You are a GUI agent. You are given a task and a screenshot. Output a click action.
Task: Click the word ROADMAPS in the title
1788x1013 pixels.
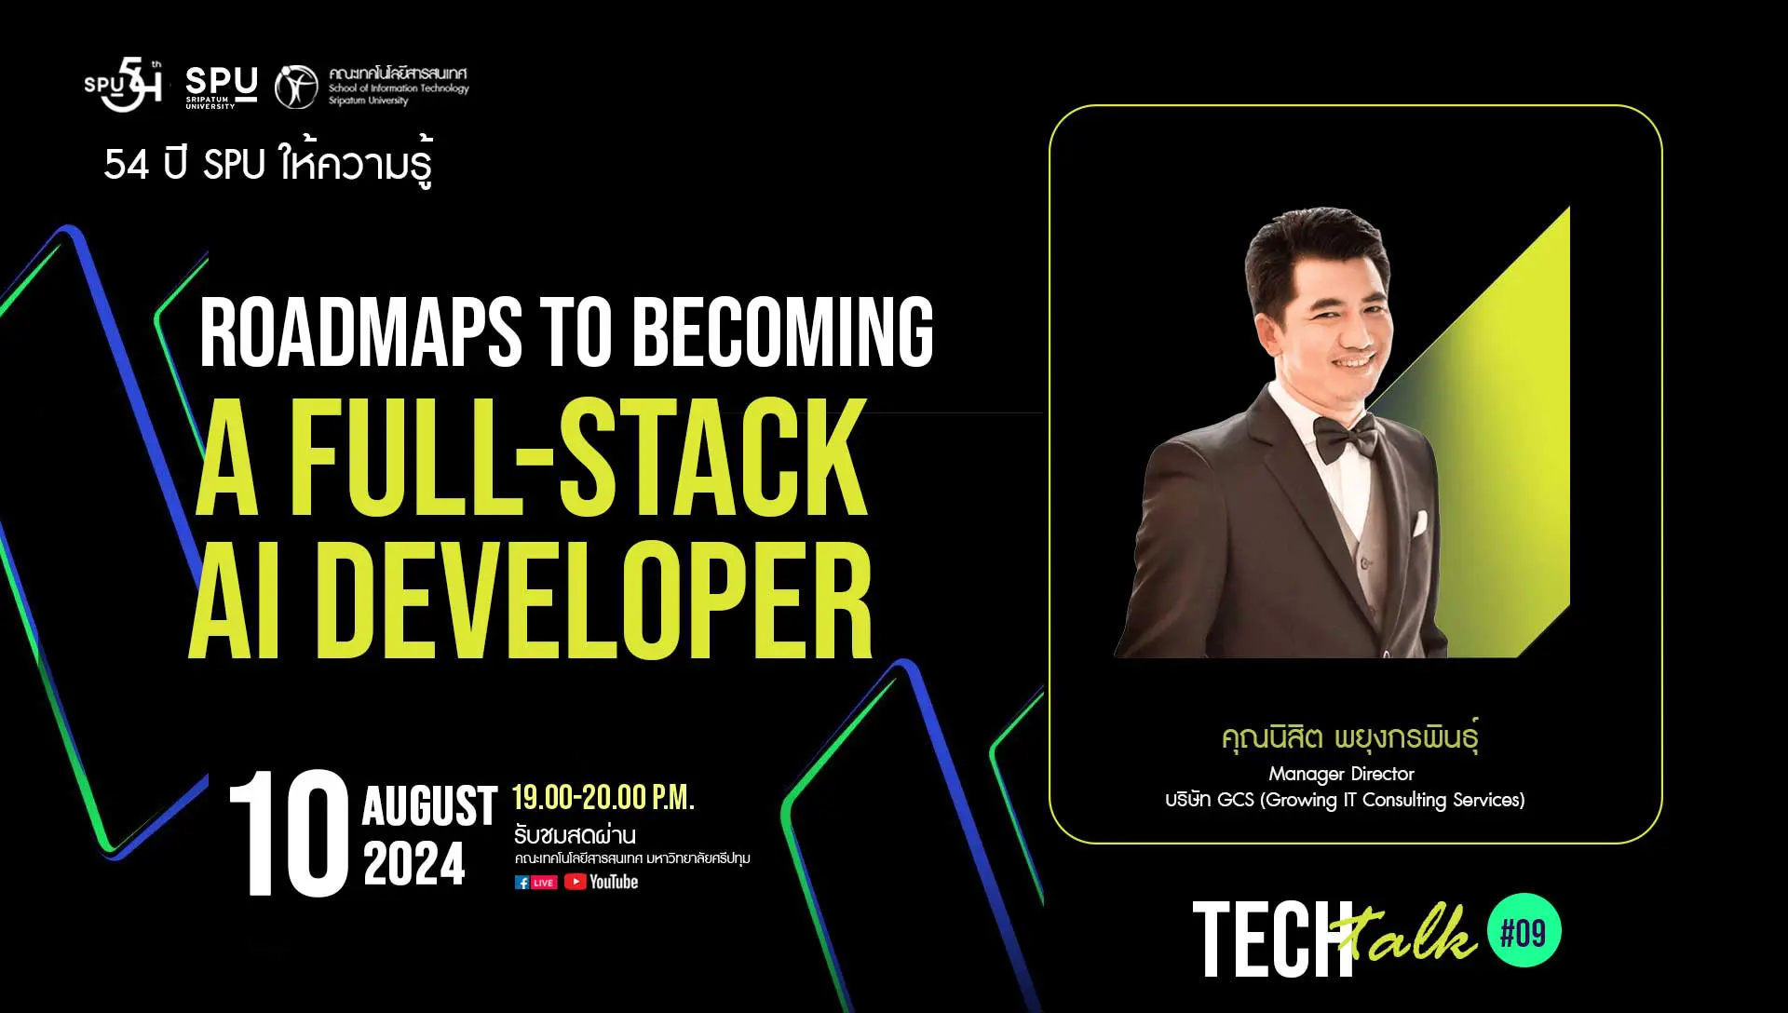(x=361, y=332)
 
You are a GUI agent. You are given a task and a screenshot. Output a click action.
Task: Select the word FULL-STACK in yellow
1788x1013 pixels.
(x=579, y=456)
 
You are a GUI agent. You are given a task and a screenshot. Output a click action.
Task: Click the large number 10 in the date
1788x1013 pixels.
(x=289, y=833)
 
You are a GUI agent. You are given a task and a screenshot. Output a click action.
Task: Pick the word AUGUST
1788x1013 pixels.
(x=429, y=806)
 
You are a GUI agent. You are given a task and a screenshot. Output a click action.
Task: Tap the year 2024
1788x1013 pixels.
(x=413, y=864)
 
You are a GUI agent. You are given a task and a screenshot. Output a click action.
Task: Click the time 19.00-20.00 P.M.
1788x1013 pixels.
(x=603, y=798)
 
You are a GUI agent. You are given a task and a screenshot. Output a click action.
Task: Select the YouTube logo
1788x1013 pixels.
(x=602, y=882)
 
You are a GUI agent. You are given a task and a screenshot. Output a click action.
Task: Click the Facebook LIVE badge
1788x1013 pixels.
(x=535, y=883)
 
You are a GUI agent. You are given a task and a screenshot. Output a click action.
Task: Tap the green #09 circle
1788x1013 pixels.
(x=1524, y=932)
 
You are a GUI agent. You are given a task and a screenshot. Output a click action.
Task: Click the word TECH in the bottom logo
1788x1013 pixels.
(x=1272, y=939)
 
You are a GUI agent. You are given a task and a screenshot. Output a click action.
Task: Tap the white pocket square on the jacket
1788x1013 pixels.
(x=1420, y=523)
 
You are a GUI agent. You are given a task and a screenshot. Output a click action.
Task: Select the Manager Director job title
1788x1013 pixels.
(x=1341, y=774)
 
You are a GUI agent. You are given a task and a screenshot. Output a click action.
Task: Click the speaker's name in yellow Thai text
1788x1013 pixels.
(x=1350, y=736)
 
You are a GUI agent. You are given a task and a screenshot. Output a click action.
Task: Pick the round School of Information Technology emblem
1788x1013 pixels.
(x=296, y=87)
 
